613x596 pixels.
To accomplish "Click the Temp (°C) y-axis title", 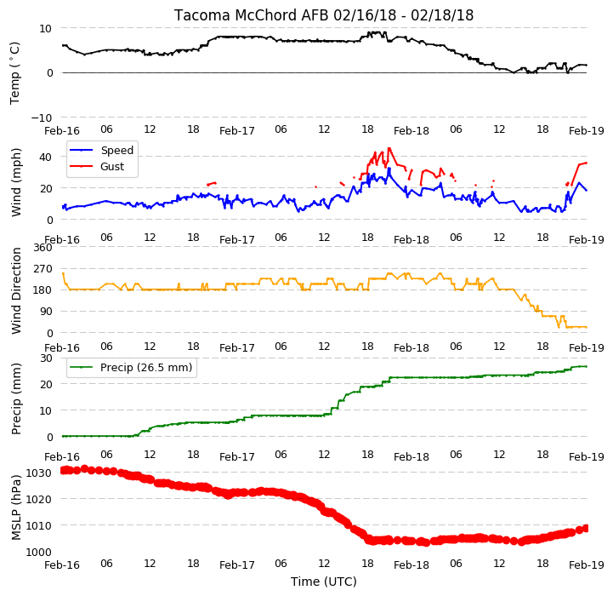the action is pos(14,73).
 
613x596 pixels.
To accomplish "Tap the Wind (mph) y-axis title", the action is pos(16,182).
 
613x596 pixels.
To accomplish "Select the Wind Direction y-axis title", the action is pos(16,290).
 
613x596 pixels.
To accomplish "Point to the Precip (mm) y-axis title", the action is pos(16,399).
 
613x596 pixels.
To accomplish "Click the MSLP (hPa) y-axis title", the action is pos(16,508).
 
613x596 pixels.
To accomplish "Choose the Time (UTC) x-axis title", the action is pos(324,582).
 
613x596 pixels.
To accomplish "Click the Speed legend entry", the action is pos(116,151).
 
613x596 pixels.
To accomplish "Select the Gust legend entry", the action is pos(112,167).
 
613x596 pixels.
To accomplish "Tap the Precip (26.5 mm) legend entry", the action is pos(146,368).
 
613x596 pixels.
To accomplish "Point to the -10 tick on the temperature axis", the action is pos(42,117).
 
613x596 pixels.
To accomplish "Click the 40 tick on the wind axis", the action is pos(45,157).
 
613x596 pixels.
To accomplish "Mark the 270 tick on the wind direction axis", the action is pos(43,269).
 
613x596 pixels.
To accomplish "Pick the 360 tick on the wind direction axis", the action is pos(43,248).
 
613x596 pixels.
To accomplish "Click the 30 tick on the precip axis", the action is pos(46,358).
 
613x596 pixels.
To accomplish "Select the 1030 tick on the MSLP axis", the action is pos(39,473).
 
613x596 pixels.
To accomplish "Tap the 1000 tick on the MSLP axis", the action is pos(39,552).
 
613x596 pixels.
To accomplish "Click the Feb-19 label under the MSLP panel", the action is pos(587,565).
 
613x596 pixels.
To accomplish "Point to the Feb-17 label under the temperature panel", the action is pos(237,131).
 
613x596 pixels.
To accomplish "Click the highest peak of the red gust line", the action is pos(389,148).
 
